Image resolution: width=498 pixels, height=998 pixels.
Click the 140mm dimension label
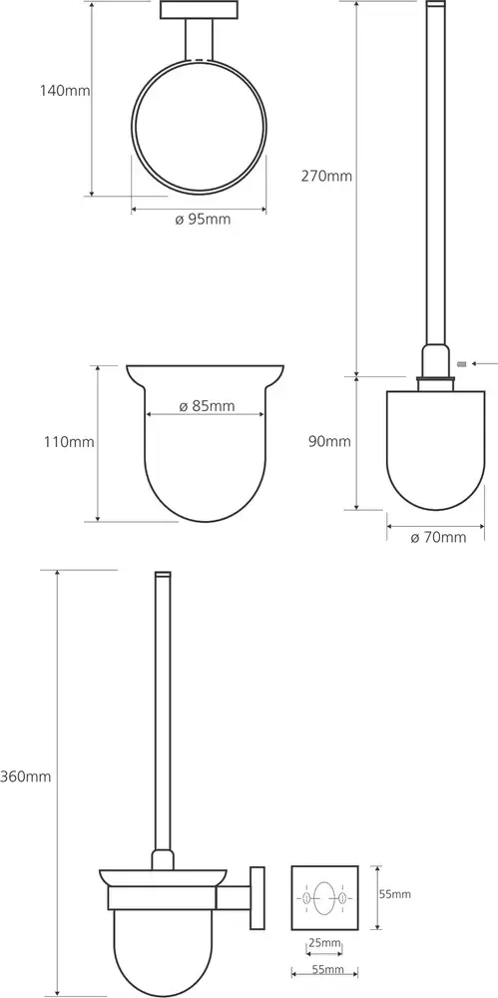(x=65, y=91)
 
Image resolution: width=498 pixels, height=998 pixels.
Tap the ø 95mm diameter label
(x=203, y=220)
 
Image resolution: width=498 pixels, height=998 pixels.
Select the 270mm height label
(x=326, y=176)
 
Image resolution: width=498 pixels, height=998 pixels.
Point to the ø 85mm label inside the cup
(x=207, y=406)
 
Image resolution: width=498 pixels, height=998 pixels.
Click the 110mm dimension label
(x=69, y=442)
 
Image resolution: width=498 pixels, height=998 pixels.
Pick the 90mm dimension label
(x=330, y=442)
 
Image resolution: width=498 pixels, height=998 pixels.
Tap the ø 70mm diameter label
(x=438, y=538)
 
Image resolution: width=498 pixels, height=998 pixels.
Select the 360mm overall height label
(x=26, y=776)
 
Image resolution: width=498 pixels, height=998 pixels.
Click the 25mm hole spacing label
(x=324, y=943)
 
